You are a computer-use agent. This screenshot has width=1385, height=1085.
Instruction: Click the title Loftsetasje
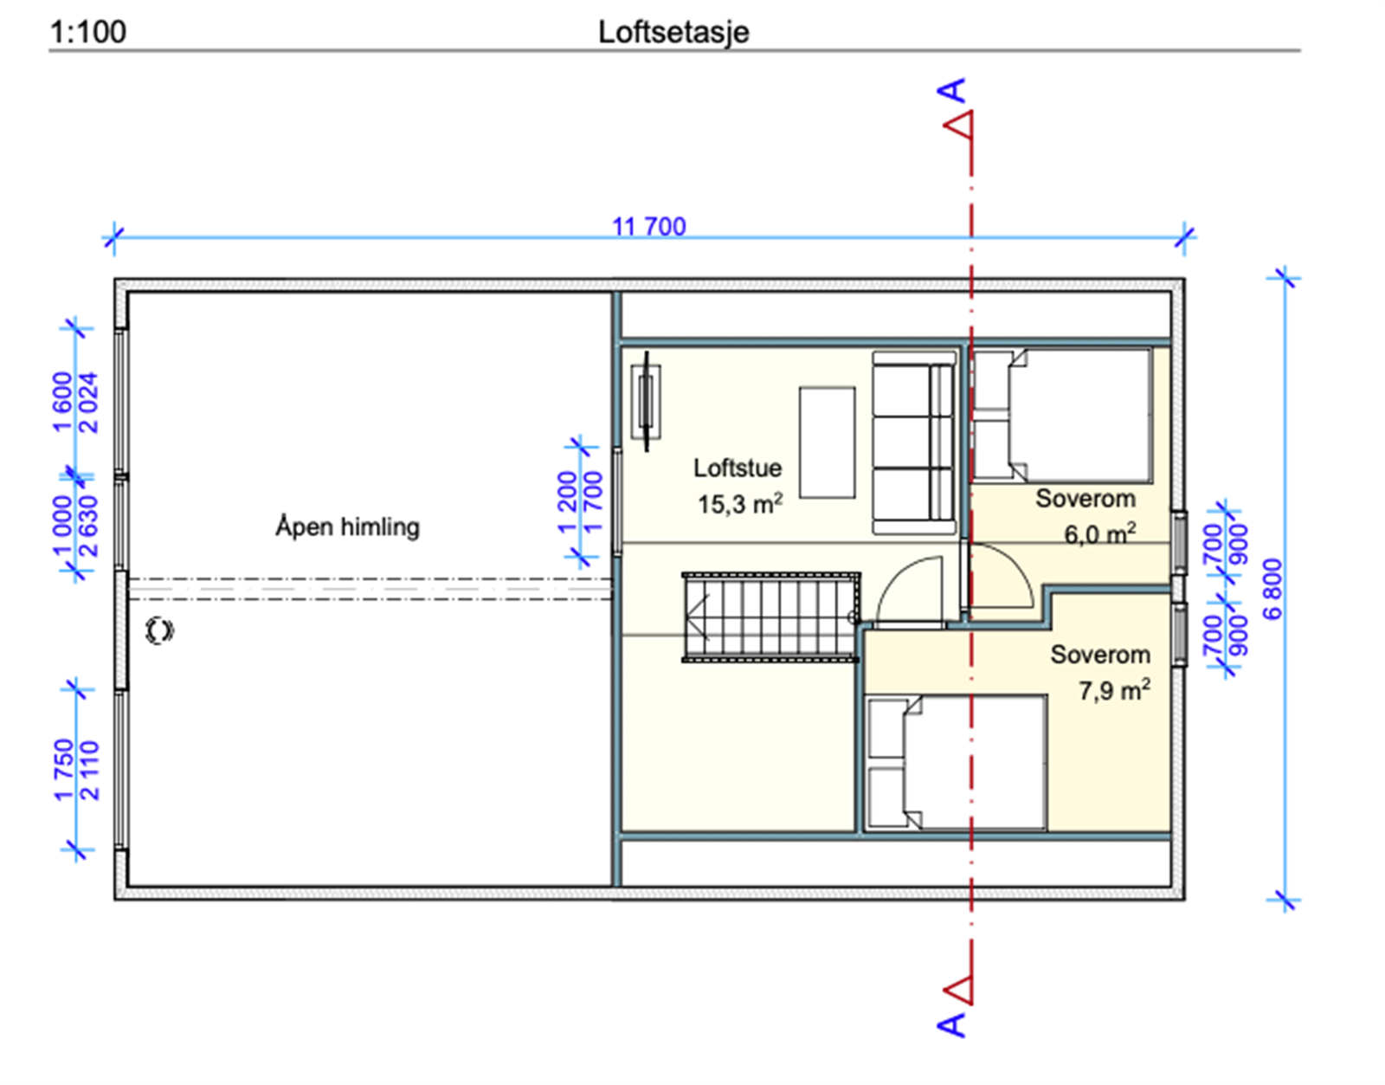[x=673, y=33]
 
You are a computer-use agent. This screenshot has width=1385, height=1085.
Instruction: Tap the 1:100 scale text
[x=88, y=32]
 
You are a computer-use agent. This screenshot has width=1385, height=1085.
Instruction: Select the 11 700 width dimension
[x=649, y=226]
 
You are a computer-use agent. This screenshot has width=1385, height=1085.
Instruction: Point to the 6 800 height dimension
[x=1272, y=589]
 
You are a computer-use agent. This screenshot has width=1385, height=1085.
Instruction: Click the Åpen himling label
[x=347, y=527]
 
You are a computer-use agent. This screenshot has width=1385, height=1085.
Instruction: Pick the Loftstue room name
[x=738, y=468]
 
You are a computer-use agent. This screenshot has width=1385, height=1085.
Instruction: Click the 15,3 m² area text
[x=740, y=504]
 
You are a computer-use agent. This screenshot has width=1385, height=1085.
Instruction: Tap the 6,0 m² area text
[x=1100, y=533]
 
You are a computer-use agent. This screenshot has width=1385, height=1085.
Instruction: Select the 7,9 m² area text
[x=1115, y=690]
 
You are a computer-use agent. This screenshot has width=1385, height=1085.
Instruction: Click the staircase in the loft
[x=771, y=617]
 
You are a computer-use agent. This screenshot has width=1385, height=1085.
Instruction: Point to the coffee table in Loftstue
[x=828, y=442]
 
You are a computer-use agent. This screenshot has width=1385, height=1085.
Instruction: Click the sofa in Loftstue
[x=914, y=442]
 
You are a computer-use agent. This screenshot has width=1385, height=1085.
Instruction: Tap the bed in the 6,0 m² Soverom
[x=1062, y=415]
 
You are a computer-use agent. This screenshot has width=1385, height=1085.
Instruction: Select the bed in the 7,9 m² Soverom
[x=956, y=762]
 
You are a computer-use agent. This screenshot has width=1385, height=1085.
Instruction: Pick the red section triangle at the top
[x=958, y=125]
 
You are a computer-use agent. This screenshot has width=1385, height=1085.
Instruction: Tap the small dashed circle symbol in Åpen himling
[x=159, y=630]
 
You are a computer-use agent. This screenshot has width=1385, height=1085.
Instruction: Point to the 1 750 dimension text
[x=64, y=770]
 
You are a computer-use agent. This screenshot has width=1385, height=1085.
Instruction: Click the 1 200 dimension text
[x=567, y=503]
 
